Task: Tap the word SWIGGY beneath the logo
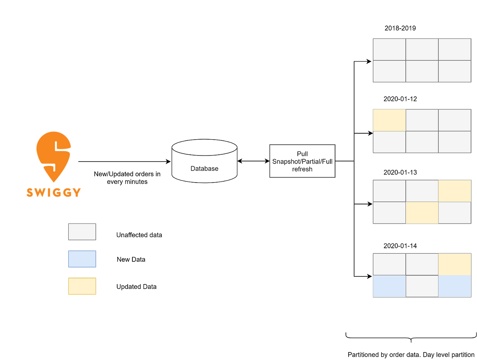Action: (x=54, y=193)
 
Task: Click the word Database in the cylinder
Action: (x=204, y=169)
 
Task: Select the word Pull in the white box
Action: (x=302, y=154)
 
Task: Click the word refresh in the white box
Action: (x=302, y=169)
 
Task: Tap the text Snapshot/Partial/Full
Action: (x=302, y=162)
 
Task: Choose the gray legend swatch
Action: (x=82, y=232)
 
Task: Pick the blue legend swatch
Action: (x=82, y=259)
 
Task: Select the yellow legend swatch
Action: (x=82, y=286)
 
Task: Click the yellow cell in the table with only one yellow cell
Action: (x=389, y=120)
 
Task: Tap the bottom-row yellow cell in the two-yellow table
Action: (x=422, y=213)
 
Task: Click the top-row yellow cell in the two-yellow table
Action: (x=455, y=191)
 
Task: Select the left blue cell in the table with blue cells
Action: (x=389, y=286)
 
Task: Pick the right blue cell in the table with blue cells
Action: (x=455, y=286)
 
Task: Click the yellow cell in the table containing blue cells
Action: (x=455, y=264)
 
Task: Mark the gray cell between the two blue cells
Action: (x=422, y=286)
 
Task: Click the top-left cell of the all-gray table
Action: (x=389, y=49)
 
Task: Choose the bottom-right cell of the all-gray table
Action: (x=455, y=72)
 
